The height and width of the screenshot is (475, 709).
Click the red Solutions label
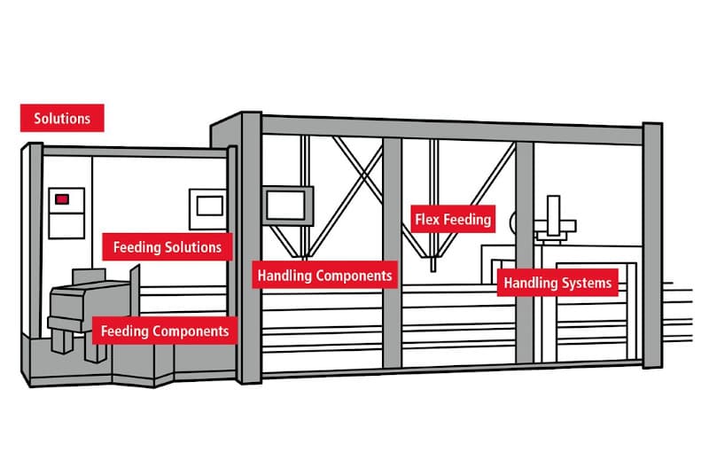[x=62, y=118]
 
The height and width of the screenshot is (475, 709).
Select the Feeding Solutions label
[x=168, y=246]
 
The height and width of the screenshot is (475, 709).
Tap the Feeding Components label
[x=165, y=331]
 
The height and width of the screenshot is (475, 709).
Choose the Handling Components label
[x=324, y=276]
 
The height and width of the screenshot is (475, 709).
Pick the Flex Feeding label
[x=452, y=218]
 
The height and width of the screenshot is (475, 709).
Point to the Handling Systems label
[x=557, y=284]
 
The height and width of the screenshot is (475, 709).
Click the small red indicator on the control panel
[x=62, y=199]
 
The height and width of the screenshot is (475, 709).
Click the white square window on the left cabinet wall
[x=210, y=205]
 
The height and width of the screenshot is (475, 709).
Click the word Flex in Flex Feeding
[x=429, y=218]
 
